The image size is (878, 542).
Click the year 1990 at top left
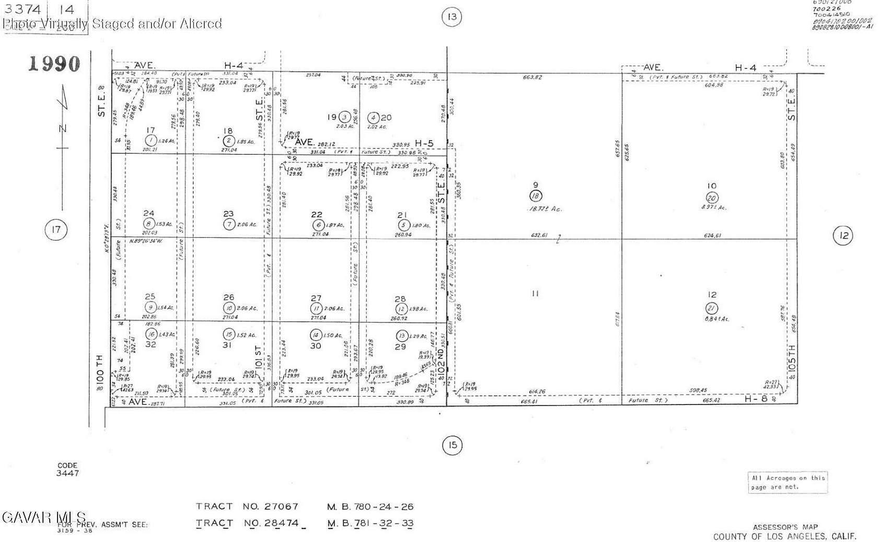click(x=54, y=64)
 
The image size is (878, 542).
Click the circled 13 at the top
click(x=452, y=17)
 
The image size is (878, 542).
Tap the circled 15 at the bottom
click(x=452, y=445)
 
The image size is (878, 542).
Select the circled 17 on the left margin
click(x=56, y=229)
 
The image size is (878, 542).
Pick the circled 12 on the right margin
click(x=842, y=236)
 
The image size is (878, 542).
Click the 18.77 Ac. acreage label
click(x=545, y=209)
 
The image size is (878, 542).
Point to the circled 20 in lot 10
click(x=711, y=198)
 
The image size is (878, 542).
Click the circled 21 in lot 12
click(x=711, y=308)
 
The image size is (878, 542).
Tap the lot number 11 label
click(x=535, y=294)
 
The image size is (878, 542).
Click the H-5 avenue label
click(x=424, y=143)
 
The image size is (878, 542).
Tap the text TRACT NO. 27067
click(x=247, y=506)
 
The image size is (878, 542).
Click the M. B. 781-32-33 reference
click(x=370, y=523)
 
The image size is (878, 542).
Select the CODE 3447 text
click(x=67, y=469)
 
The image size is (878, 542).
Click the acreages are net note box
click(x=788, y=482)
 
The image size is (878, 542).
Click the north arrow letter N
click(x=63, y=129)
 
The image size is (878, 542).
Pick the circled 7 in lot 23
click(x=229, y=224)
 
